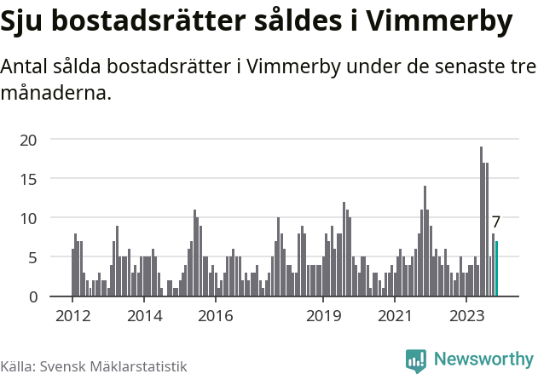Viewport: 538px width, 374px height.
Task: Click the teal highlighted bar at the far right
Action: click(496, 269)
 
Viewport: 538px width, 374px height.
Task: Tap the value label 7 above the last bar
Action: click(496, 222)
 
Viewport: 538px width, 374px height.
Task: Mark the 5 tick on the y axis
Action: click(32, 257)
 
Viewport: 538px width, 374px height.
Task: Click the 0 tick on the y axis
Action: click(32, 296)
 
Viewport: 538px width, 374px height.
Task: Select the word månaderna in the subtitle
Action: click(56, 92)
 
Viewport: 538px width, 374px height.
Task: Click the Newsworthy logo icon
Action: click(416, 360)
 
